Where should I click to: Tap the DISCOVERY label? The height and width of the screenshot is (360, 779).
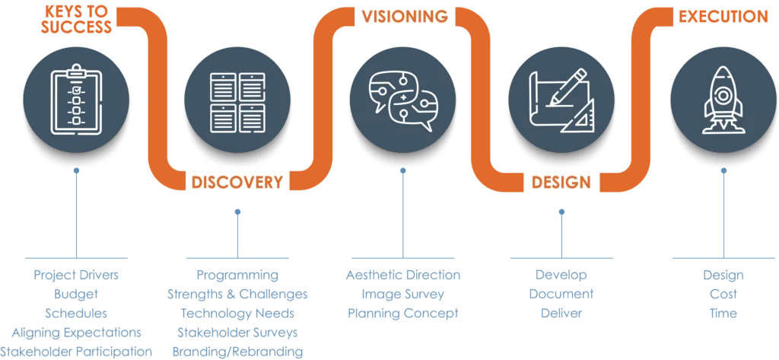(237, 182)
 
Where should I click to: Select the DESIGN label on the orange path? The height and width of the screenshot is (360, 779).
(561, 182)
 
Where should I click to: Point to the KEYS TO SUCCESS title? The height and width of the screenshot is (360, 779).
(78, 20)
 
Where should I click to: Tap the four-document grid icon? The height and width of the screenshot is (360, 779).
(238, 100)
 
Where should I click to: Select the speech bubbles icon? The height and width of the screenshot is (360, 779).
(402, 100)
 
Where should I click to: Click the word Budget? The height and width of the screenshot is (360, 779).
(76, 293)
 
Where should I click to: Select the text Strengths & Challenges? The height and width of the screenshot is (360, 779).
(237, 293)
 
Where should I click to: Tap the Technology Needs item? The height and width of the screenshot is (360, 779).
(237, 313)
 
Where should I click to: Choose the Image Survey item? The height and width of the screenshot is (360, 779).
(402, 293)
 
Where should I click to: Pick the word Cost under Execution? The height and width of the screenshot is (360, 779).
(723, 293)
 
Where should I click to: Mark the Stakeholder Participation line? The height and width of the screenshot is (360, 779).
(76, 352)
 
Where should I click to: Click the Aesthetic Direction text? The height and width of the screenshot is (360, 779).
(402, 273)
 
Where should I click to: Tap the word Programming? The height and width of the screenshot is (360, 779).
(237, 273)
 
